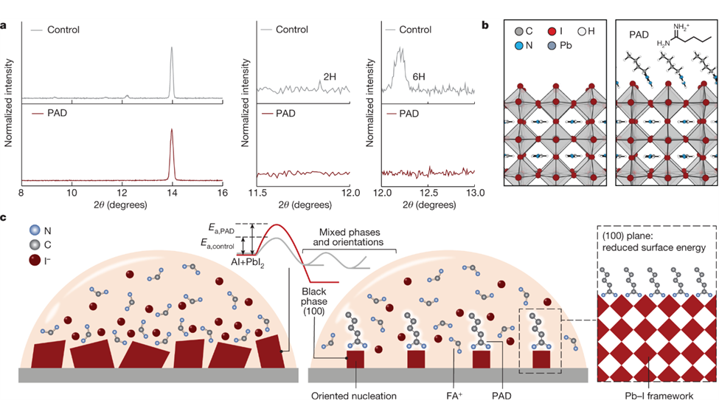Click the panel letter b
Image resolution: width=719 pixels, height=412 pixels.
[x=484, y=25]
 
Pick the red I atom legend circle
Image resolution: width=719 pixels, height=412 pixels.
[x=552, y=33]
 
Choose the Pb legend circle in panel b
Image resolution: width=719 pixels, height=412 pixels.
[x=552, y=46]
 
